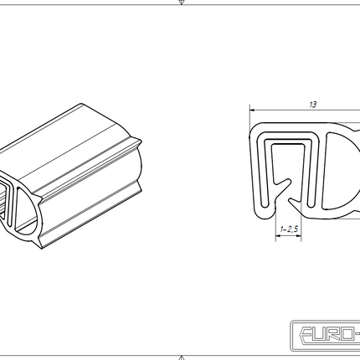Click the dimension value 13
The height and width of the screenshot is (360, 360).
312,105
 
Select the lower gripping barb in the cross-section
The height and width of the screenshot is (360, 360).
293,199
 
